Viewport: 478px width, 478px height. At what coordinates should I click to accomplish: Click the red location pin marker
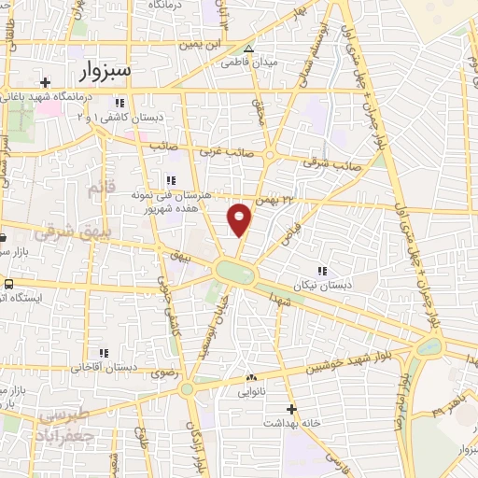click(x=240, y=218)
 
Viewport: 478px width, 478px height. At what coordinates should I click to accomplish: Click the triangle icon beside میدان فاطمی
click(x=248, y=49)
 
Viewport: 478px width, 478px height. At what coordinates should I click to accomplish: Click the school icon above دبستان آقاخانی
click(x=103, y=353)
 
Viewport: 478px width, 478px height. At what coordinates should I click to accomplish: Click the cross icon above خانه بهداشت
click(x=291, y=409)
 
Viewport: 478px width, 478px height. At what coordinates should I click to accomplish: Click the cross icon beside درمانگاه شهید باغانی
click(x=45, y=83)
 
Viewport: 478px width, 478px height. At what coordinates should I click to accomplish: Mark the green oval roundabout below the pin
click(x=236, y=272)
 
